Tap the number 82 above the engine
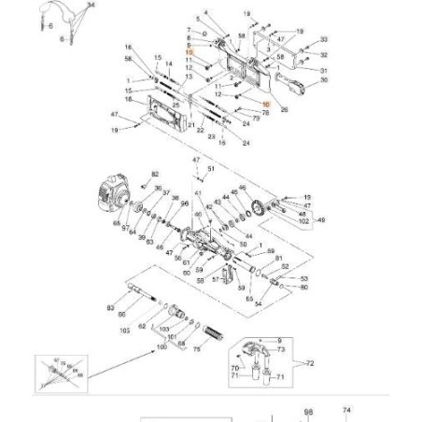point(156,175)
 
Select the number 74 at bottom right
point(347,409)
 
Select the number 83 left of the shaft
point(110,307)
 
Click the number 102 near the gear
point(304,224)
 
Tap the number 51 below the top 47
point(212,169)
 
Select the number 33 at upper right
point(324,39)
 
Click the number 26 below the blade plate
point(284,109)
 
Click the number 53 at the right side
point(304,278)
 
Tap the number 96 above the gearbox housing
point(185,204)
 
